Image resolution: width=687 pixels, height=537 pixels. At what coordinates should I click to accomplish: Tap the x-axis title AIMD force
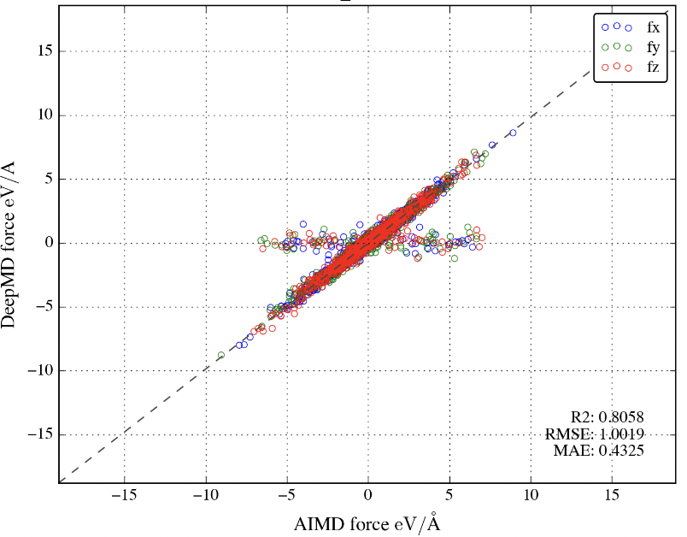[367, 522]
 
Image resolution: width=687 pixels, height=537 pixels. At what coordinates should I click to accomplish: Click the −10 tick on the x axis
[204, 495]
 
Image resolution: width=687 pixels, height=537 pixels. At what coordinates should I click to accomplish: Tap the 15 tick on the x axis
[612, 495]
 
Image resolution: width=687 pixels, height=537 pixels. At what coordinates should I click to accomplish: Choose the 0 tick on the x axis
[368, 495]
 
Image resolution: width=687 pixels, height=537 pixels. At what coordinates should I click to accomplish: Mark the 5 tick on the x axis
[449, 495]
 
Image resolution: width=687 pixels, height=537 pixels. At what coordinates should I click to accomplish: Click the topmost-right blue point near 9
[513, 133]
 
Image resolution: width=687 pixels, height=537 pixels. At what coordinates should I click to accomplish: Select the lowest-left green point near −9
[221, 355]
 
